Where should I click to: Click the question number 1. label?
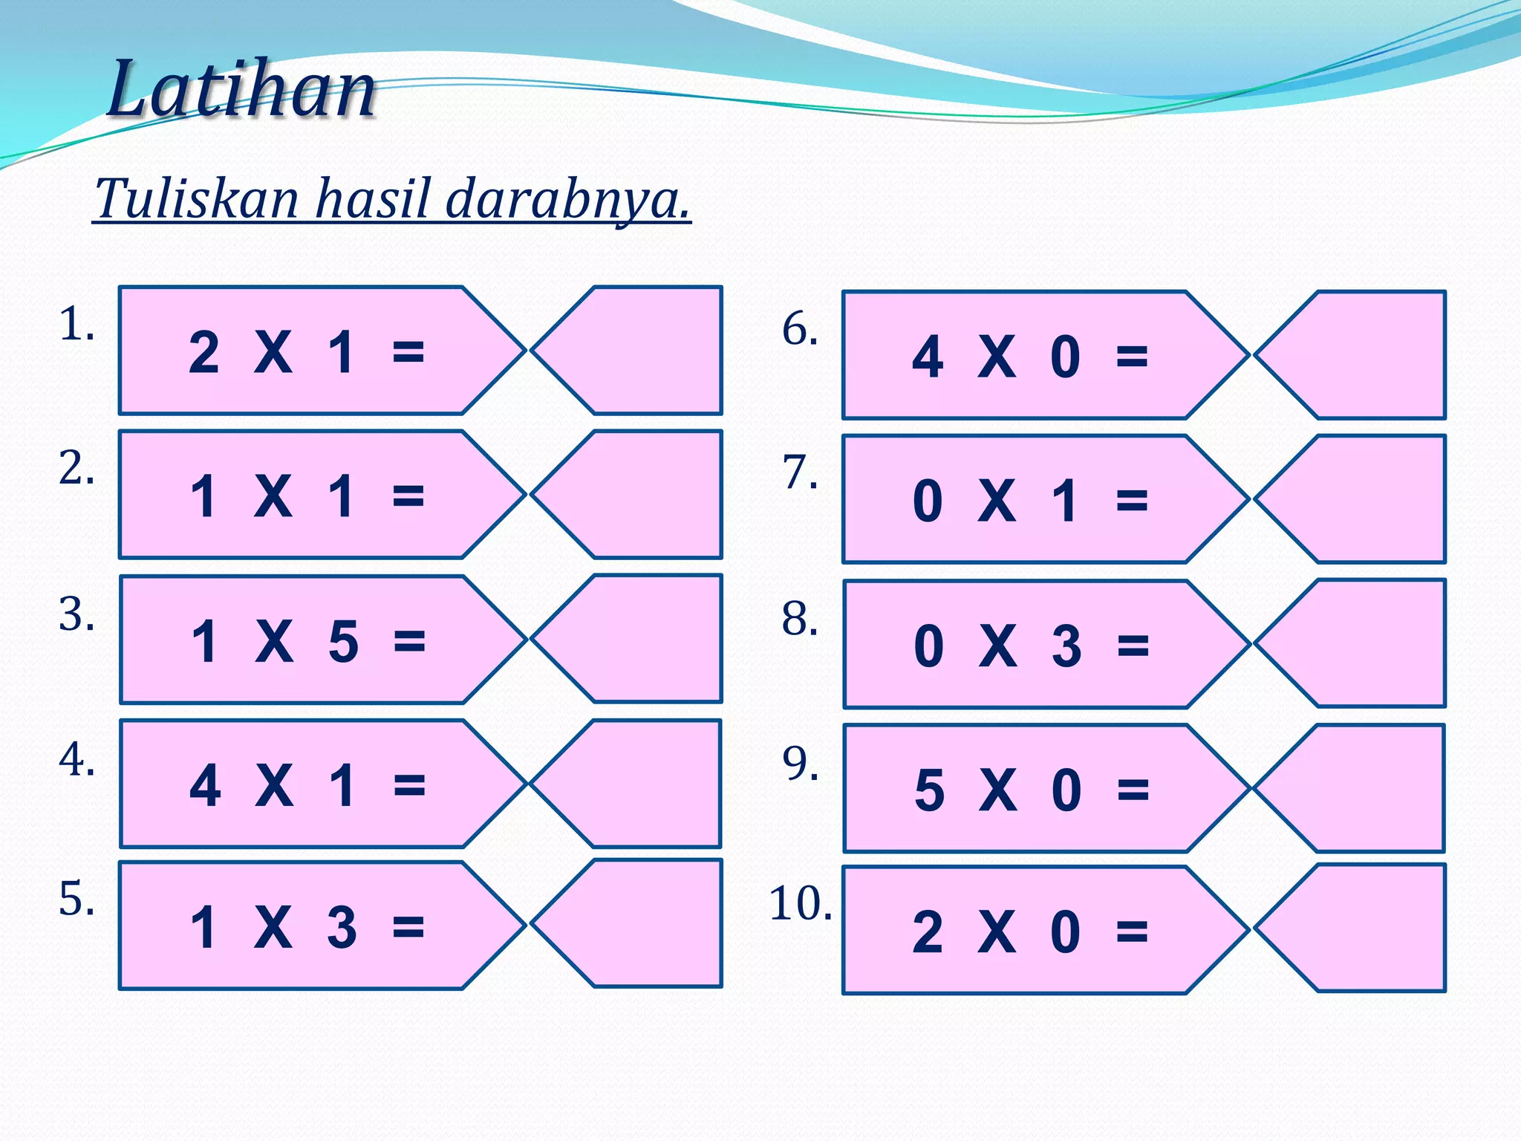(76, 325)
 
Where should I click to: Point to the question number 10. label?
(800, 904)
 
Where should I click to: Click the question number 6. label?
(800, 328)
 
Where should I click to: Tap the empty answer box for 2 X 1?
(639, 350)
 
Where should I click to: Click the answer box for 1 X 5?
(639, 639)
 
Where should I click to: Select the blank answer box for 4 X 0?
(1363, 355)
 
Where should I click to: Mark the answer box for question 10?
(1363, 928)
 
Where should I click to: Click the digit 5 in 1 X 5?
(343, 640)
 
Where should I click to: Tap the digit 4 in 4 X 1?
(205, 785)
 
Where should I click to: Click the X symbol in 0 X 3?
(997, 646)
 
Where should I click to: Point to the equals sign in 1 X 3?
(408, 927)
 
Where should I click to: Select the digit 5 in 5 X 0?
(929, 790)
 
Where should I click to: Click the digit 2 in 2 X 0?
(928, 932)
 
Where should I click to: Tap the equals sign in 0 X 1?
(1132, 501)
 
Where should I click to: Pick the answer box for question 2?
(639, 494)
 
